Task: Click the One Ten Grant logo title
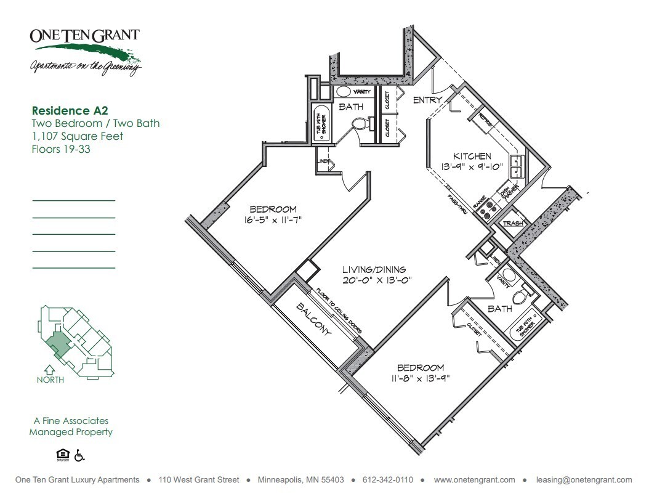click(x=84, y=35)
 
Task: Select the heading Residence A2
click(x=70, y=111)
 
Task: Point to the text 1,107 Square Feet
click(x=78, y=136)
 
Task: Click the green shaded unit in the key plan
click(x=58, y=342)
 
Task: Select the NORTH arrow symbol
click(x=50, y=370)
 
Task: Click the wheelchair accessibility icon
click(x=79, y=455)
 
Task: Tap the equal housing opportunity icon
click(x=62, y=455)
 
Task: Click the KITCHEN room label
click(x=472, y=156)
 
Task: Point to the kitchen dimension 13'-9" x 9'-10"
click(x=472, y=166)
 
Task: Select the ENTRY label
click(x=428, y=100)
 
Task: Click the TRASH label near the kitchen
click(x=513, y=223)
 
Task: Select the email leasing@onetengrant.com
click(x=584, y=480)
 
